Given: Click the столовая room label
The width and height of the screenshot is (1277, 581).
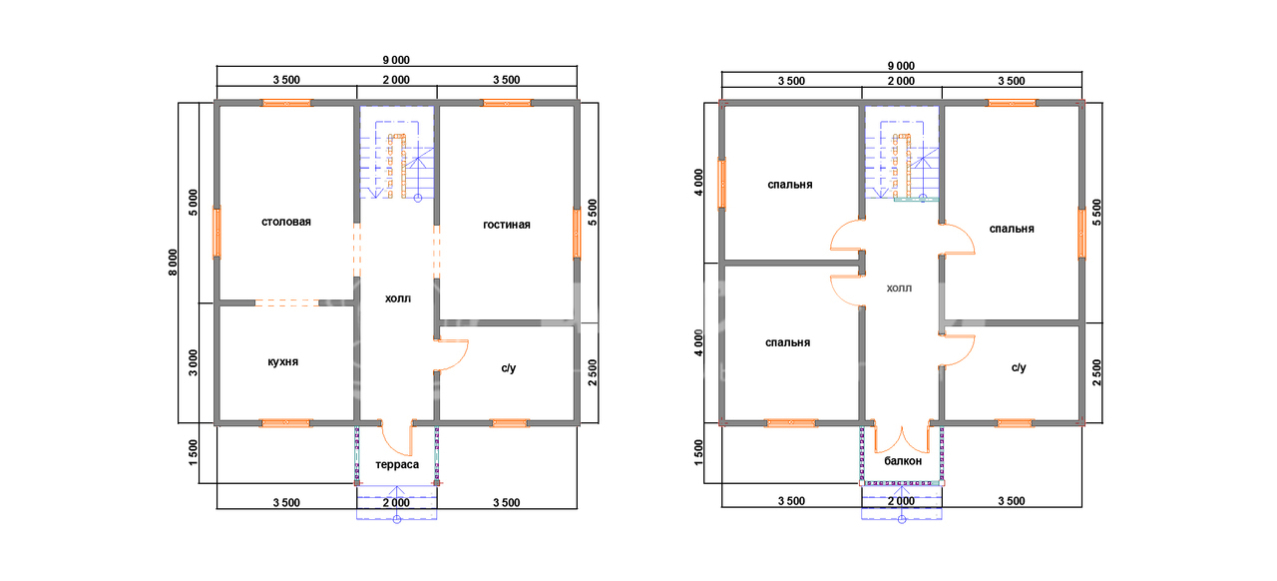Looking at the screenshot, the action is click(286, 222).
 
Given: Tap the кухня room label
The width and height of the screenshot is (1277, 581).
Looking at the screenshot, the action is click(282, 361).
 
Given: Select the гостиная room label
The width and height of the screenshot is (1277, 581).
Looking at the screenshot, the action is click(506, 225).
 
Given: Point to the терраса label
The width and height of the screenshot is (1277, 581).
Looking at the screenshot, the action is click(397, 464).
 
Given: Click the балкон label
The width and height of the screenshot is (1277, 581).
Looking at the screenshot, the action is click(903, 460).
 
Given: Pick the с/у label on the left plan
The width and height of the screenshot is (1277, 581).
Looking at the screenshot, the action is click(509, 368).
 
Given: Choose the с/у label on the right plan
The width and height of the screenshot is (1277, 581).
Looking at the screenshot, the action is click(1019, 367).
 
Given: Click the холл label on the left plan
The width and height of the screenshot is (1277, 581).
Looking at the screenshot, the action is click(397, 298).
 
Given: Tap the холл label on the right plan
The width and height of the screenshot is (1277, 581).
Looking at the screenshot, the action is click(899, 289).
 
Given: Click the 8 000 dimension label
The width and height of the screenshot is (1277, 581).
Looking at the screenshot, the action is click(173, 262).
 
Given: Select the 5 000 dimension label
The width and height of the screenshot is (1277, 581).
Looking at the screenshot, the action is click(194, 203).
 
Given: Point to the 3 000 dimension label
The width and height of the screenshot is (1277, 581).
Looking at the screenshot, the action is click(194, 363).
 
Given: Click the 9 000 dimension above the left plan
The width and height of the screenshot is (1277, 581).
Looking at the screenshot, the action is click(396, 60).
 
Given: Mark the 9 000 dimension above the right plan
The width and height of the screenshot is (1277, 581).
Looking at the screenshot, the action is click(901, 66).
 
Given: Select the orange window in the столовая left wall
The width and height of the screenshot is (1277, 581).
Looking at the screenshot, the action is click(216, 233).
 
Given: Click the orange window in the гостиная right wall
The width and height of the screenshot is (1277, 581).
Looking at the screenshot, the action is click(577, 234).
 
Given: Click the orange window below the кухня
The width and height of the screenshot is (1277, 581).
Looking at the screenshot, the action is click(285, 423).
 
